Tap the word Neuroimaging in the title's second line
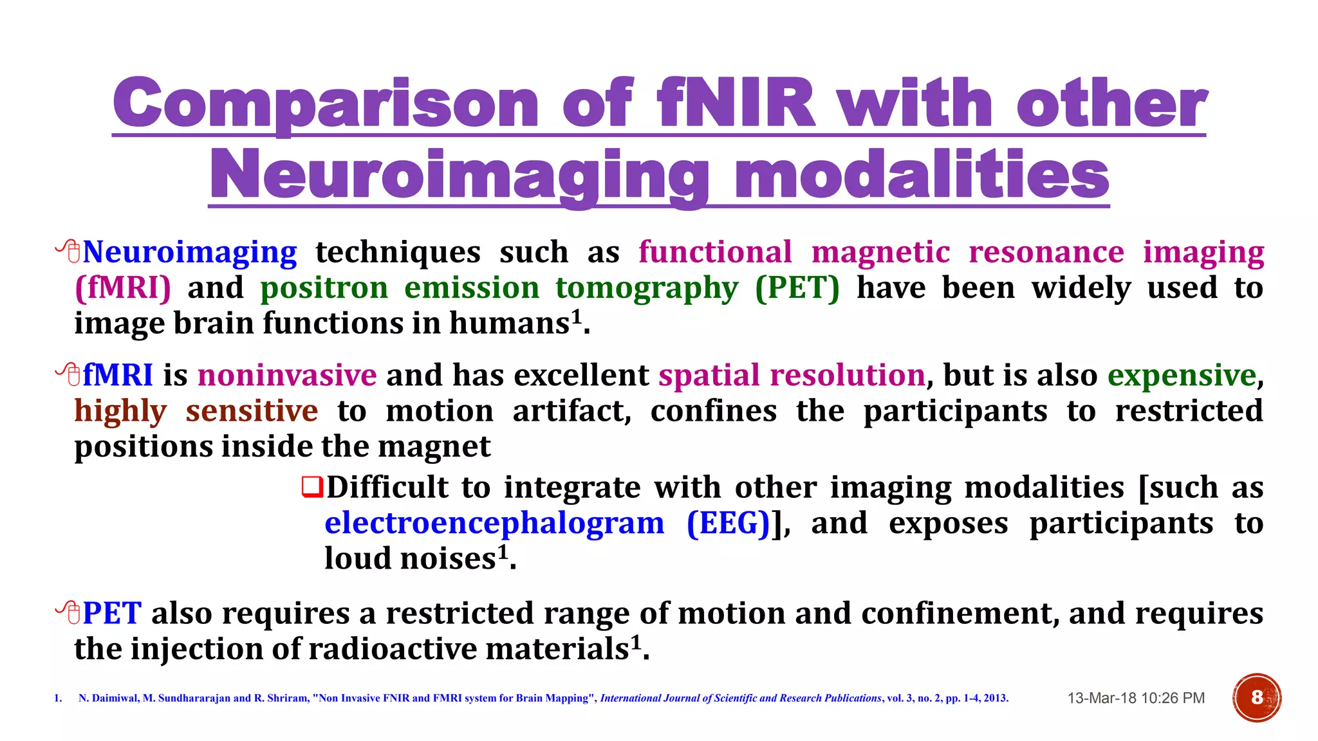click(459, 175)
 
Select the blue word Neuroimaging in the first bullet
click(190, 252)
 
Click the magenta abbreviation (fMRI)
click(123, 288)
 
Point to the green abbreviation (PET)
click(797, 288)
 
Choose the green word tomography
click(647, 288)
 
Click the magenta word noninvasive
click(287, 375)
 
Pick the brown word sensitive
click(252, 411)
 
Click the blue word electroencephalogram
click(494, 523)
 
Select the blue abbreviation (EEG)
click(729, 523)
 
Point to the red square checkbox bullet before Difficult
click(312, 487)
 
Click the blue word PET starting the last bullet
click(112, 613)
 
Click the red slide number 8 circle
click(1257, 698)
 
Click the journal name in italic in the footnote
click(741, 699)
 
